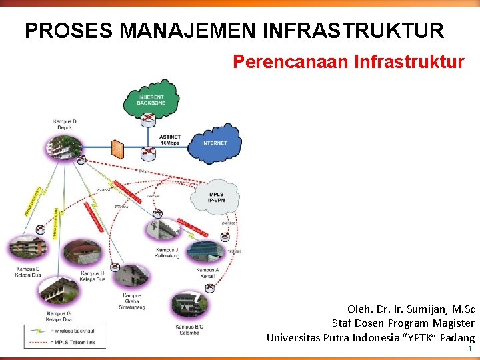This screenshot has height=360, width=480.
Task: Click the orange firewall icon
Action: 118,148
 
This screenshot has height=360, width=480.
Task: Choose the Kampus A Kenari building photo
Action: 207,250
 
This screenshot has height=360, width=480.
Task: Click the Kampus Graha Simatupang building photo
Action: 133,276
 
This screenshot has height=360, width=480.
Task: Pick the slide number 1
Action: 470,349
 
